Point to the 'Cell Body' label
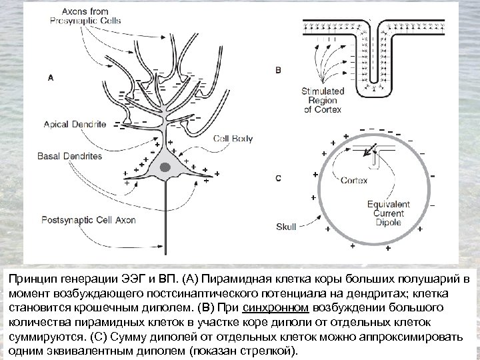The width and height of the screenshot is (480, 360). tap(233, 139)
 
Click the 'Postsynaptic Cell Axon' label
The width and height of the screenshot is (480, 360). tap(89, 219)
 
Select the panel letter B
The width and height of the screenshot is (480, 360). tap(278, 69)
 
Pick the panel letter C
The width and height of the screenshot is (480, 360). tap(278, 178)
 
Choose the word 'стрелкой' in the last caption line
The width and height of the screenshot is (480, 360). tap(271, 351)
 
